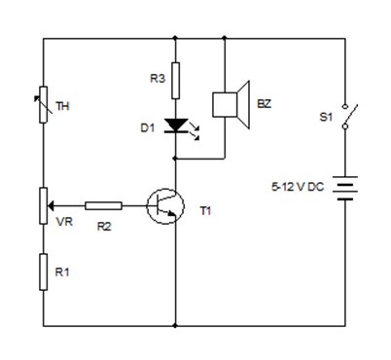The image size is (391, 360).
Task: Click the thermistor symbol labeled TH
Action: (x=44, y=106)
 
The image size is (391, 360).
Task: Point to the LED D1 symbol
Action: (x=176, y=126)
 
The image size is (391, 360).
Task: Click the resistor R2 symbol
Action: (x=103, y=205)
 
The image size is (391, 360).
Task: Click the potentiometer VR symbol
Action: (x=44, y=205)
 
